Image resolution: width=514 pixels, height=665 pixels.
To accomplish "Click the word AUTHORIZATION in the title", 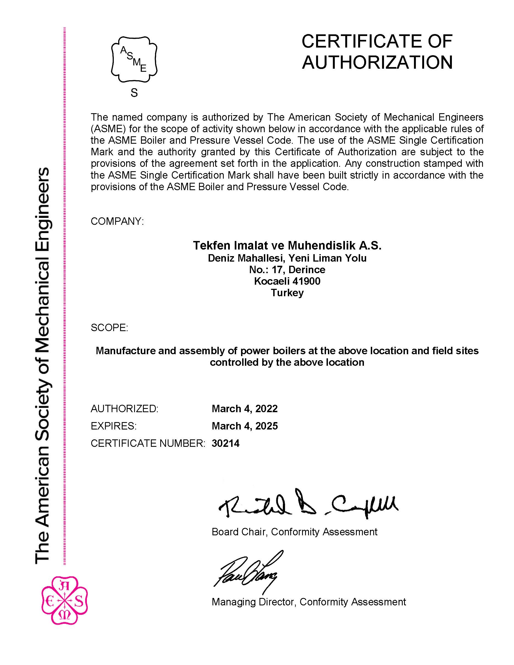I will (x=377, y=62).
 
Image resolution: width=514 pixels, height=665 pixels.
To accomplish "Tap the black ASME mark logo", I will (x=134, y=59).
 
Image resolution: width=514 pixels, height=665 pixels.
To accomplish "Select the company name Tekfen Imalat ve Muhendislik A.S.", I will (x=287, y=245).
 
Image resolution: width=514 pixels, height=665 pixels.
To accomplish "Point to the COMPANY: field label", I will (x=117, y=221).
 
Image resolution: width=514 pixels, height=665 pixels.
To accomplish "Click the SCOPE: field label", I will (x=109, y=328).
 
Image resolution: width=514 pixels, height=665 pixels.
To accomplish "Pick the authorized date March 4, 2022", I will (x=245, y=409).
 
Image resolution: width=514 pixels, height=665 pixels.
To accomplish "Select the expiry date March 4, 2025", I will (x=245, y=426).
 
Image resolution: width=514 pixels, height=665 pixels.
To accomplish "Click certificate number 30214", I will (x=225, y=443).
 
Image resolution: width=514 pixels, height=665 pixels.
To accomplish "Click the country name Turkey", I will (x=287, y=293).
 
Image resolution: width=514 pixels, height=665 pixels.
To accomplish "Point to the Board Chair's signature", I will (x=308, y=504).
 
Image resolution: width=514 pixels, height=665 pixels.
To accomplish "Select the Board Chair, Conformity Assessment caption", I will (x=294, y=532).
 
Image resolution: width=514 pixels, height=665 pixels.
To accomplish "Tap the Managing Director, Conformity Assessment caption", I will (x=308, y=602).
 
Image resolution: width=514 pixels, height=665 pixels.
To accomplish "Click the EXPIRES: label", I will (x=114, y=426).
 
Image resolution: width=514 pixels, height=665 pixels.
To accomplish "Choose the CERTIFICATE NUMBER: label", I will (x=148, y=443).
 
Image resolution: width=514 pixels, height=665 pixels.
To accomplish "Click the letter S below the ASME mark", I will (x=134, y=93).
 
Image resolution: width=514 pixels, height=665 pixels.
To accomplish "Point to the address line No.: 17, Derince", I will (x=287, y=270).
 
